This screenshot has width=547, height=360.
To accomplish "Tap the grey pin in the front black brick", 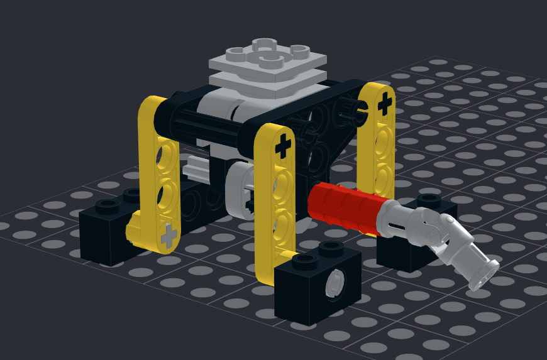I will coord(334,283).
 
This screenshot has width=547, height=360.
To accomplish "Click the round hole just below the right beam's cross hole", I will coord(382,134).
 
